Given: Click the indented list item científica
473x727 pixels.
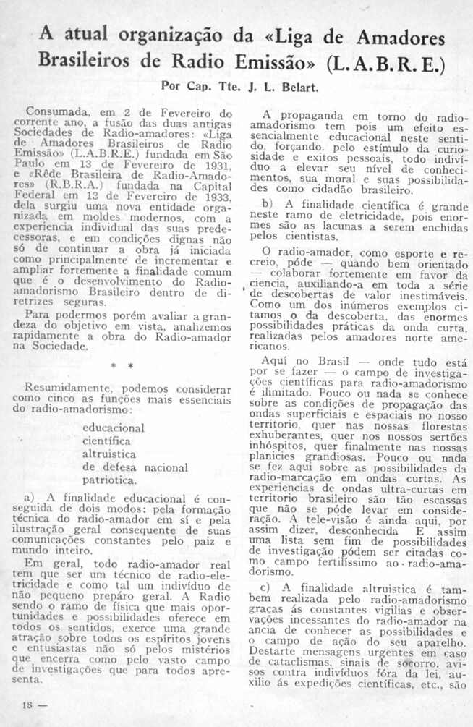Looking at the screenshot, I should pyautogui.click(x=107, y=440).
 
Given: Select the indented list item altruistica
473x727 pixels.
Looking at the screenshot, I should pyautogui.click(x=109, y=454).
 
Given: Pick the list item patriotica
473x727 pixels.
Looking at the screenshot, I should pyautogui.click(x=109, y=480).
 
